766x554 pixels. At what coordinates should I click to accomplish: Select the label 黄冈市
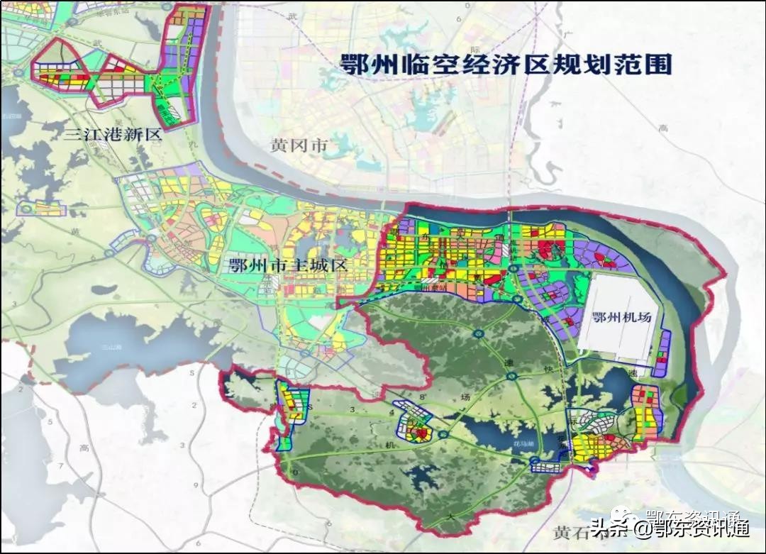point(299,145)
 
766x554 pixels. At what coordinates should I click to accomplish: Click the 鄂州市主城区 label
point(287,266)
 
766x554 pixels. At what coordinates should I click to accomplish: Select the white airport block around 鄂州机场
point(617,312)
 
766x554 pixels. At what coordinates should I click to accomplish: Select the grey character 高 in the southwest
point(84,448)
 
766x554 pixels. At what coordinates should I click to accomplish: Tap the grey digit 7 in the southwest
point(60,466)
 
